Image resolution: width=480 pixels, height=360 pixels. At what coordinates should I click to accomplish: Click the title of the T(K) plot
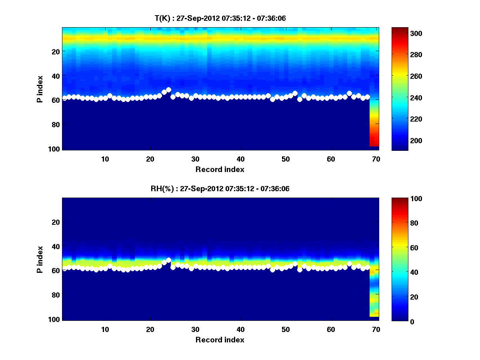(220, 18)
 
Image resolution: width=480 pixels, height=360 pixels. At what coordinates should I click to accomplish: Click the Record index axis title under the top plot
(220, 169)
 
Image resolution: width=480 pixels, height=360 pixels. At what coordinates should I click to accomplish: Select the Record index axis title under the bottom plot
(220, 340)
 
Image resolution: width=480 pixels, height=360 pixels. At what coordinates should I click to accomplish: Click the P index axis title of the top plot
(40, 89)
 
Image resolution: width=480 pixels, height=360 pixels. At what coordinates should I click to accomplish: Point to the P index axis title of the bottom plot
(40, 260)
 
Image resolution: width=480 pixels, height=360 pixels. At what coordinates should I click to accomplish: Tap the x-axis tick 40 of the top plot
(240, 159)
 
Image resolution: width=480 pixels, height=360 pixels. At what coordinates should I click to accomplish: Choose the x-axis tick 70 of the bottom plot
(376, 329)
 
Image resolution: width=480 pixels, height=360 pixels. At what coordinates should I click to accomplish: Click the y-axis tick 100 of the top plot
(54, 149)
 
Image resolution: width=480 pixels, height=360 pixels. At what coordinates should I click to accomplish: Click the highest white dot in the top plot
(168, 90)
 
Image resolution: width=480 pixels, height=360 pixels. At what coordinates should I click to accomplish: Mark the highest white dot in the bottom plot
(168, 260)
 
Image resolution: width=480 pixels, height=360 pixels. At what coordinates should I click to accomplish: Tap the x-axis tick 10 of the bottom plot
(105, 329)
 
